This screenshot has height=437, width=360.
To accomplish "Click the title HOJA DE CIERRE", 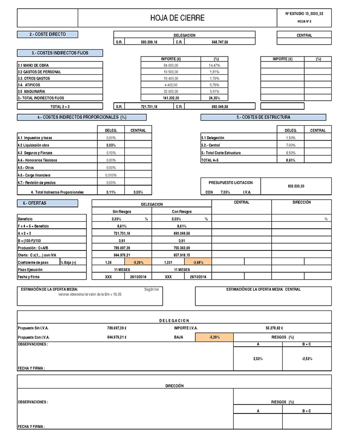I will pos(177,18).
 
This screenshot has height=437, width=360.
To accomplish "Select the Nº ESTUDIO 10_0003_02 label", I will pos(304,14).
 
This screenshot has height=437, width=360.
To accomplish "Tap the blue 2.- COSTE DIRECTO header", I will pos(47,35).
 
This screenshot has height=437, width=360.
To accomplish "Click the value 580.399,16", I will pos(149,42).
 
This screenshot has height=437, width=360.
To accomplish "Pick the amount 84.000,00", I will pos(170,65).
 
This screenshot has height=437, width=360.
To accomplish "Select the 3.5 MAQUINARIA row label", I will pos(32,91).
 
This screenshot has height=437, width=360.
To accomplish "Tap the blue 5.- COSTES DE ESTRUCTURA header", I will pos(263,117).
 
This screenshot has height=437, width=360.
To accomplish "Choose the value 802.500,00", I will pos(296,186).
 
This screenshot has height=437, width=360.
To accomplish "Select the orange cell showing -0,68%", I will pos(197,262).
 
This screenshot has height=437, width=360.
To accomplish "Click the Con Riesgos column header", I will pos(181,212).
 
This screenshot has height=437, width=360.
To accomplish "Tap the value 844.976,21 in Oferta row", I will pos(122,255).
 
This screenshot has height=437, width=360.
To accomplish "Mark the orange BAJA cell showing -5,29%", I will pos(215,338).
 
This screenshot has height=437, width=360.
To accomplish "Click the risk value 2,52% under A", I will pos(258,358).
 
